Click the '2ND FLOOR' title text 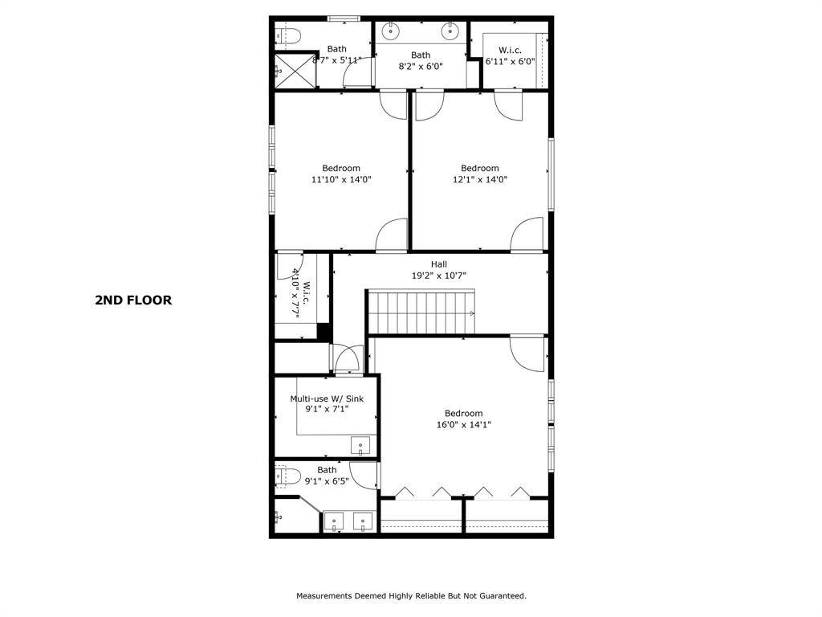tap(133, 300)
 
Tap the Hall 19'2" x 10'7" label tap(439, 270)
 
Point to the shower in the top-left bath tap(291, 71)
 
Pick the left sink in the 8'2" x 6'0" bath tap(391, 32)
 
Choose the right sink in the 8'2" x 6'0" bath tap(450, 32)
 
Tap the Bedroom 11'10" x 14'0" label tap(341, 174)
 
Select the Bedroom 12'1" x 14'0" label tap(480, 174)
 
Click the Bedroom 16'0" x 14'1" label tap(464, 419)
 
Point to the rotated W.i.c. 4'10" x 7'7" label tap(301, 293)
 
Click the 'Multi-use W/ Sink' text tap(327, 398)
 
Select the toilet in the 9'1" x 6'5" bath tap(288, 476)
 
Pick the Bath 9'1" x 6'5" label tap(327, 476)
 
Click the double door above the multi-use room tap(347, 358)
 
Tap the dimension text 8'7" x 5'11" tap(337, 60)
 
